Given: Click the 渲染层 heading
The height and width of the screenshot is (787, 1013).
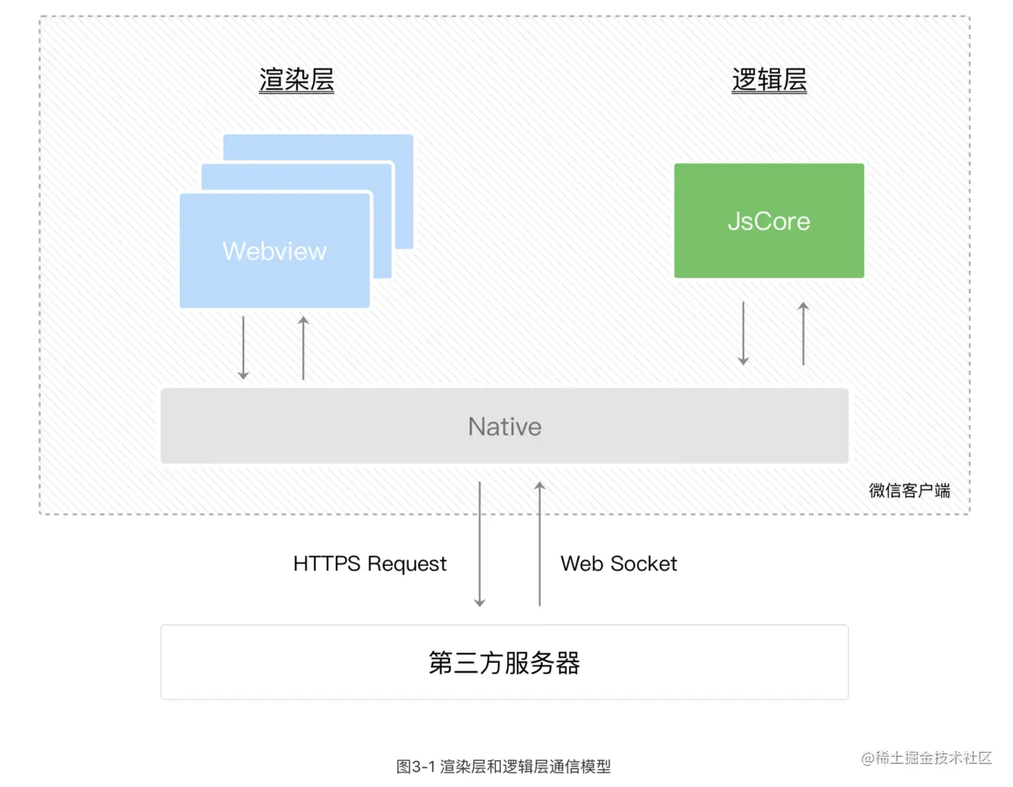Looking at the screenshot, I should coord(297,80).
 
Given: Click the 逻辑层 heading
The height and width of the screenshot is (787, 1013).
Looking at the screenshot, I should coord(769,80).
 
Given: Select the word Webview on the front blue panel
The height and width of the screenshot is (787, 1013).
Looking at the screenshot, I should coord(274,251).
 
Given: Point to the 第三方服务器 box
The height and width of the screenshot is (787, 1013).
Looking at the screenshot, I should coord(504,662).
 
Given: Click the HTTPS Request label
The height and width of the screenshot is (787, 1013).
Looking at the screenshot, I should coord(369,564).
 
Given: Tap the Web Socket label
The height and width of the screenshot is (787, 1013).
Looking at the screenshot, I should coord(618,564).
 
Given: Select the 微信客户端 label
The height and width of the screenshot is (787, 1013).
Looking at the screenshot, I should coord(909,491).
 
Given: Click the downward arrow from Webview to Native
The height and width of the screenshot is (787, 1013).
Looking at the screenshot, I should coord(243,348).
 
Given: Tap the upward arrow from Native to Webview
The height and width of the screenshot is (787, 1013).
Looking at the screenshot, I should coord(303,348).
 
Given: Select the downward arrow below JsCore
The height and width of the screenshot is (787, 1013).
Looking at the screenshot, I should coord(743,333).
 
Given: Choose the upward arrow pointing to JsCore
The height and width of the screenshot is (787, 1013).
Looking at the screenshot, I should coord(803,333).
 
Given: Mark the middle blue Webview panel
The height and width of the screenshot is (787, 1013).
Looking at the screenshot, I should coord(382,220).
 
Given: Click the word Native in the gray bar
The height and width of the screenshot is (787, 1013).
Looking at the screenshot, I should coord(504,426).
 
